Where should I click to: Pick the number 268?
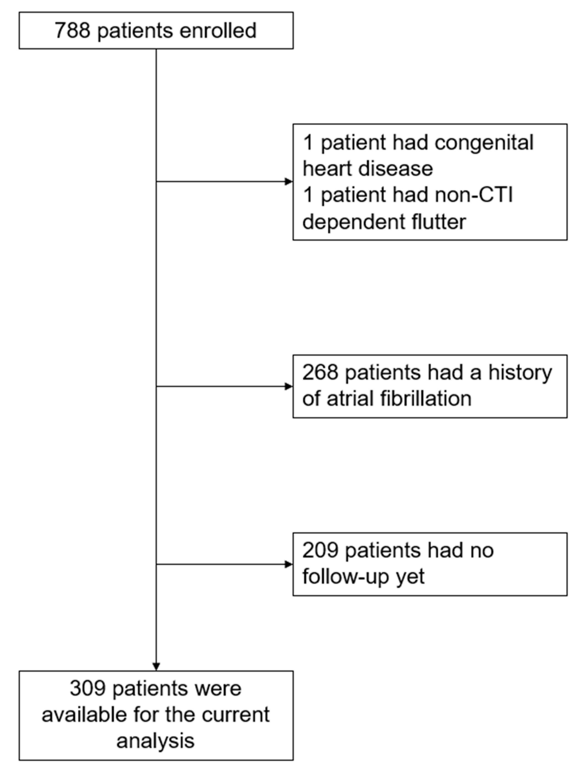[320, 372]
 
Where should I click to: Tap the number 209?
[320, 550]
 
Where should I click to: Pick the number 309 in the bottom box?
[87, 688]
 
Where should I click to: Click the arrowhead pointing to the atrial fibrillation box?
[289, 386]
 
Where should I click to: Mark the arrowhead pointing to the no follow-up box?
[289, 564]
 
